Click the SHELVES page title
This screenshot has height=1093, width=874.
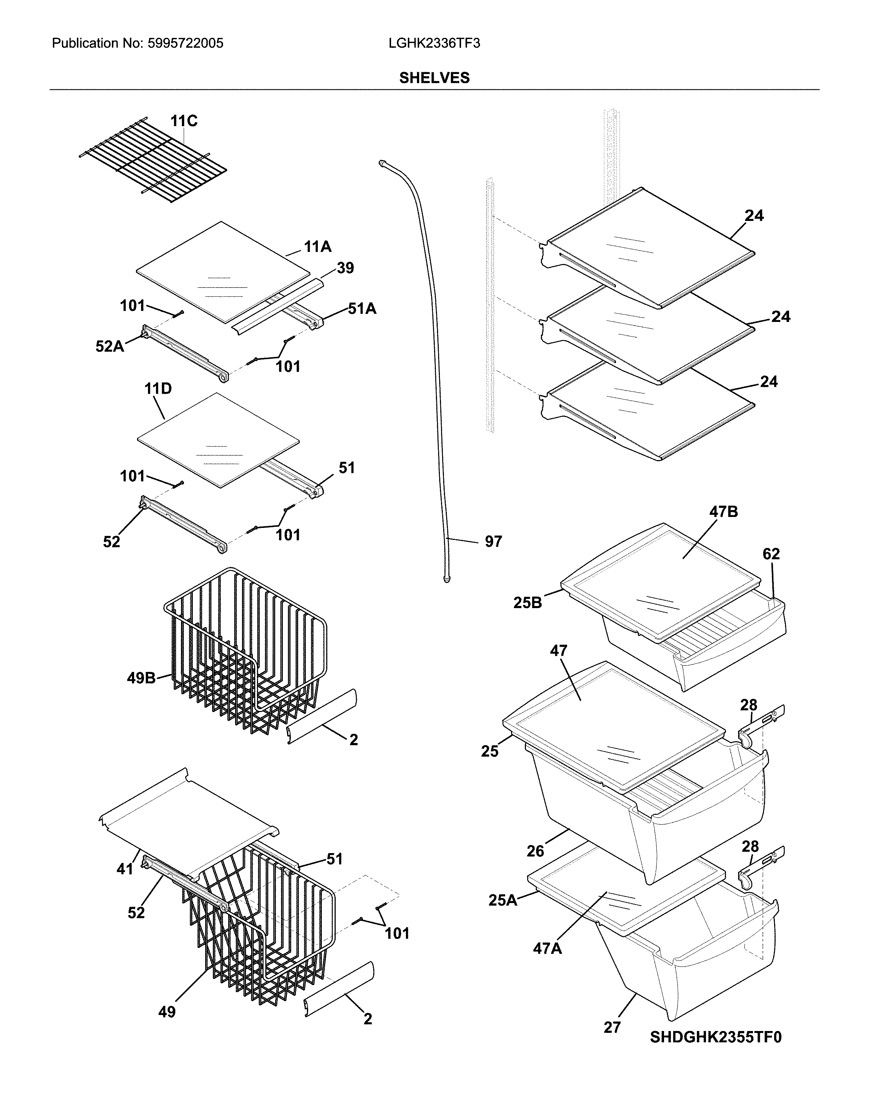[x=434, y=78]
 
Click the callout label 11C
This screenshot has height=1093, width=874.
[x=184, y=121]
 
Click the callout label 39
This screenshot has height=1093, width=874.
[x=345, y=268]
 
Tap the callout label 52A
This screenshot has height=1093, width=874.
[x=109, y=346]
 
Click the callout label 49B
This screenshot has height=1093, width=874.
[x=141, y=678]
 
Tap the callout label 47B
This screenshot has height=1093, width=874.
[x=723, y=512]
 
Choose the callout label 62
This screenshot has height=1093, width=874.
[x=771, y=554]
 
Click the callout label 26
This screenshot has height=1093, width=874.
[x=535, y=851]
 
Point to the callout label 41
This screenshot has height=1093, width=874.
[x=125, y=869]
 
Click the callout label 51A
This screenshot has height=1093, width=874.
[x=362, y=309]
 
